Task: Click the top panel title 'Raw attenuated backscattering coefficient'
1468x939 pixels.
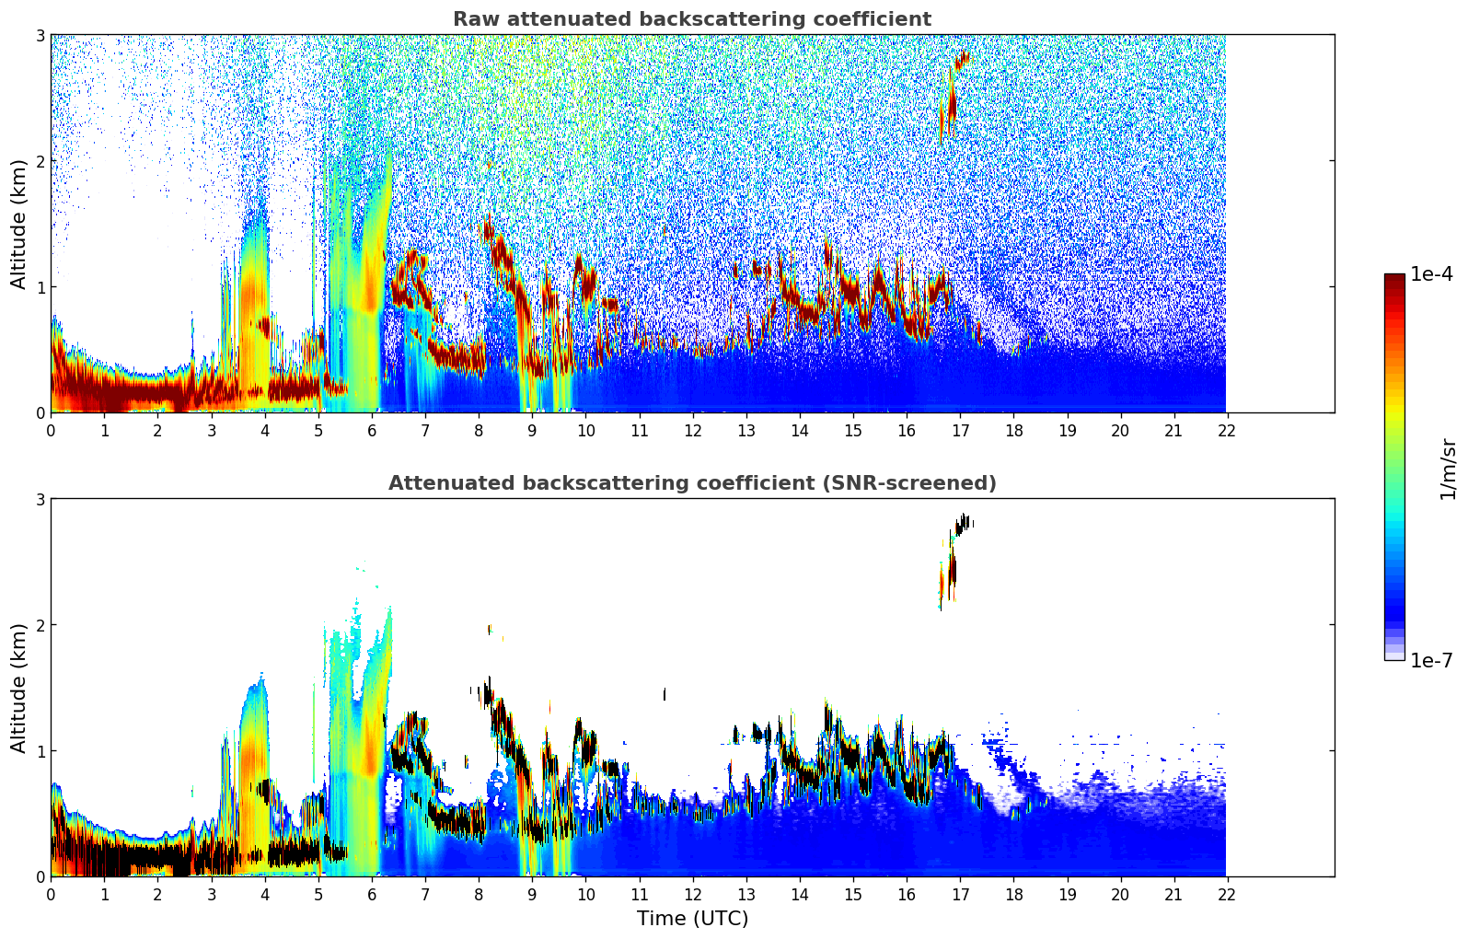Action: click(x=692, y=19)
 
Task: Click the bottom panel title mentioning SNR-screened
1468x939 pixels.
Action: click(x=692, y=483)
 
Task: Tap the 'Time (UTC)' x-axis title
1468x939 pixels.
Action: click(x=692, y=918)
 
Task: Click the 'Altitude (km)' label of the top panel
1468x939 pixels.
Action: click(x=19, y=224)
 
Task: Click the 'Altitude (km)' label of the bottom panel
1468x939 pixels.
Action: click(x=19, y=688)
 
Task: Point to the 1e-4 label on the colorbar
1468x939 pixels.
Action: click(x=1431, y=274)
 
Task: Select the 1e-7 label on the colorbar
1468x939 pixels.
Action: click(x=1431, y=660)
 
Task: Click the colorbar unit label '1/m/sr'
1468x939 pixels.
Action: click(x=1448, y=469)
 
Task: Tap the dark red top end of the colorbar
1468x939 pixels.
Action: click(x=1394, y=279)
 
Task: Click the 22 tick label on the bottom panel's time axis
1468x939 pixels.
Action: click(x=1227, y=895)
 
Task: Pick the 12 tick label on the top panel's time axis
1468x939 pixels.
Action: click(x=692, y=431)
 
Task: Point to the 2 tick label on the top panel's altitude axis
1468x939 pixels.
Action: click(x=40, y=161)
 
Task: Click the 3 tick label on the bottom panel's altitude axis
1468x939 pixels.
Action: click(x=40, y=499)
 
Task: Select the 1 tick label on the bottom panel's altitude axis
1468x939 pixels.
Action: click(x=40, y=751)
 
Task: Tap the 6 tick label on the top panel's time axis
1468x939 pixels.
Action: click(x=372, y=431)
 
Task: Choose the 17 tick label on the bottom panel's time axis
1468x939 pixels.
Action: click(x=960, y=895)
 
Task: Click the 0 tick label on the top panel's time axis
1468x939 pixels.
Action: click(x=51, y=431)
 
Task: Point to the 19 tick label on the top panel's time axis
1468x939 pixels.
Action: click(x=1067, y=431)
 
